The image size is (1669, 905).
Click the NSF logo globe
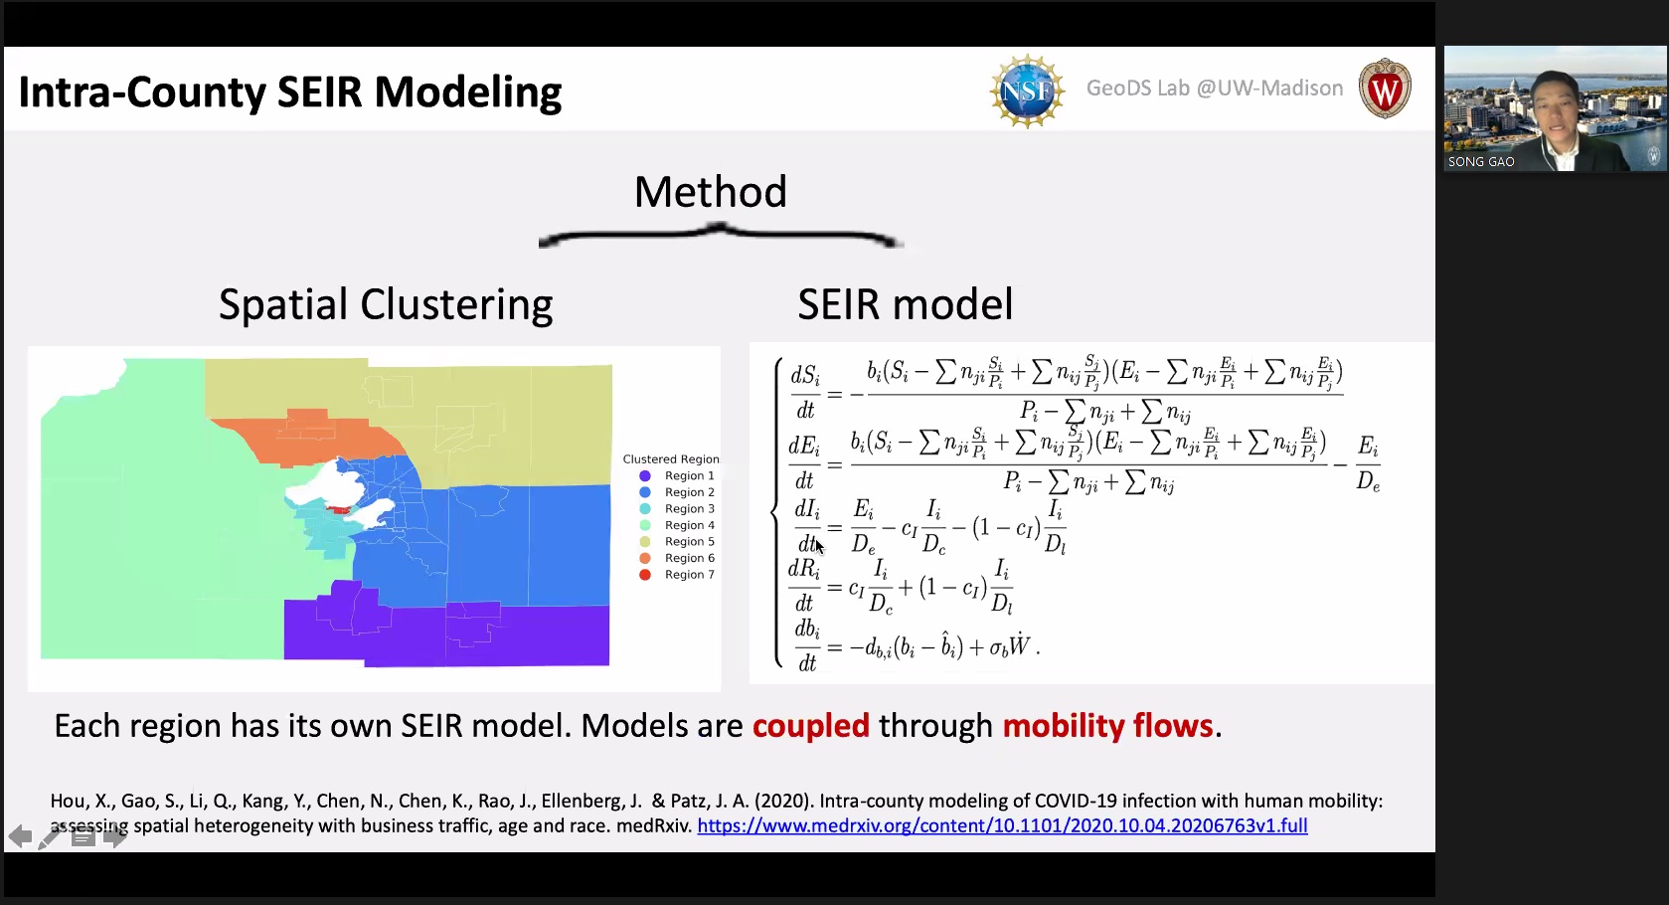[1028, 90]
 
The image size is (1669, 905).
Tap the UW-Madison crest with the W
[1385, 89]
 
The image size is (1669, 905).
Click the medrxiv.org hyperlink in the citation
[1002, 826]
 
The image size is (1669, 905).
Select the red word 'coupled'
[811, 725]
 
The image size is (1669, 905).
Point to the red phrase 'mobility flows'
[1108, 725]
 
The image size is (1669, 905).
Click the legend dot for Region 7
[645, 575]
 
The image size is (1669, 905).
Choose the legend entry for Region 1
[677, 475]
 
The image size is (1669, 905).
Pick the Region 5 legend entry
[677, 541]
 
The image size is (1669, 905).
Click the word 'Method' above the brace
[710, 192]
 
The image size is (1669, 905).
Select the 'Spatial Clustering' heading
[386, 304]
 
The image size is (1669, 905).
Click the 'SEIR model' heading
[906, 304]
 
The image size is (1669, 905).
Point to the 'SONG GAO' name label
[1480, 162]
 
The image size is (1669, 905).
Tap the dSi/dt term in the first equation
[805, 392]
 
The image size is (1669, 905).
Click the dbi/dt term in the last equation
[807, 646]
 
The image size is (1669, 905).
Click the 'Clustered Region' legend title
[671, 459]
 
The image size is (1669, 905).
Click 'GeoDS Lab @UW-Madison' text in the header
[1215, 88]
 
